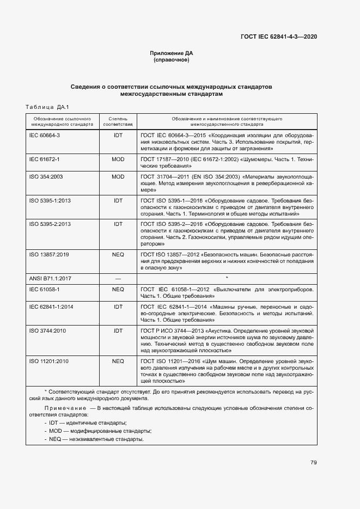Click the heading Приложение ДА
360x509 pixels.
[x=172, y=53]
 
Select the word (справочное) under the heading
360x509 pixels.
[x=172, y=60]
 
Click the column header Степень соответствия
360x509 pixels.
[x=118, y=121]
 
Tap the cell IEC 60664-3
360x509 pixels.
[x=44, y=134]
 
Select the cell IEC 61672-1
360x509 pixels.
[x=44, y=159]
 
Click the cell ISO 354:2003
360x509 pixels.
[x=46, y=177]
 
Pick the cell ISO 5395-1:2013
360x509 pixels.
[x=50, y=201]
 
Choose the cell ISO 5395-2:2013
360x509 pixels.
[x=50, y=224]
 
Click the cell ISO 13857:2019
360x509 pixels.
[x=49, y=254]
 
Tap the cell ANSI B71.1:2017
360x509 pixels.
[x=51, y=278]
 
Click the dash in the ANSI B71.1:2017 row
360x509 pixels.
[x=118, y=278]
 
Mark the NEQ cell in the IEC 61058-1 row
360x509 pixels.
[x=118, y=290]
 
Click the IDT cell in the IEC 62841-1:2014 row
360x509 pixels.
[x=118, y=307]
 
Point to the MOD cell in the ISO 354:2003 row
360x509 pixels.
[x=118, y=177]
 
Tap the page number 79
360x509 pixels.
[x=313, y=463]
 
